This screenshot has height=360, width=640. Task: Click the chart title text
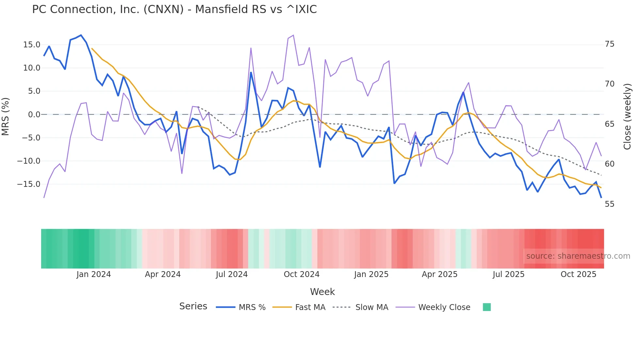(174, 9)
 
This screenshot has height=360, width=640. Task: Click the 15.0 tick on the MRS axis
(32, 45)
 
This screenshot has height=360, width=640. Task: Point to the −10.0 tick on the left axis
(29, 161)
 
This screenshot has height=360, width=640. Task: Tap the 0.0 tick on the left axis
(34, 115)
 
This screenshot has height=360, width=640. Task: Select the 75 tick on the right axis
(609, 44)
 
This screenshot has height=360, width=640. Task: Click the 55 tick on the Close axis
(609, 204)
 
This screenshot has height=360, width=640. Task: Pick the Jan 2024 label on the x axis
(94, 274)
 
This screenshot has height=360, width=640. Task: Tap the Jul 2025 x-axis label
(508, 274)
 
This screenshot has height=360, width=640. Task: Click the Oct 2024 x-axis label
(301, 274)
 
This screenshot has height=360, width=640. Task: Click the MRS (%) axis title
(6, 116)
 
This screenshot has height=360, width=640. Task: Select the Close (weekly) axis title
(627, 117)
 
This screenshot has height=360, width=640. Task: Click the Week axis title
(322, 292)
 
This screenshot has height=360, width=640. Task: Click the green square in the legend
(487, 307)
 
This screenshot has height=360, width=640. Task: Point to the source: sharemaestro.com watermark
(578, 256)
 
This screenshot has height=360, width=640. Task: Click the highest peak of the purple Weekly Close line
(293, 35)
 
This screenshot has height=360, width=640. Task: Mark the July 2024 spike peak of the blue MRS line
(251, 73)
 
